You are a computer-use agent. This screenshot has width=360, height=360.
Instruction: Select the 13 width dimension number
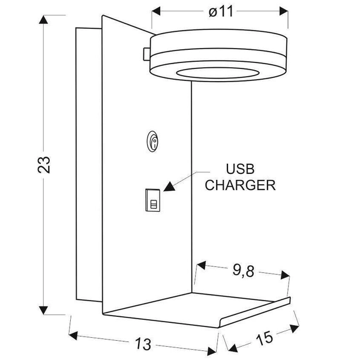click(143, 344)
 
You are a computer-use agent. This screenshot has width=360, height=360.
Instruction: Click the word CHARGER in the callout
click(241, 185)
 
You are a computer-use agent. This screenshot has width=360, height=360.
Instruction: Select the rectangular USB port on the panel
click(153, 200)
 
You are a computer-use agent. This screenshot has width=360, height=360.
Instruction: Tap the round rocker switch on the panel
click(154, 142)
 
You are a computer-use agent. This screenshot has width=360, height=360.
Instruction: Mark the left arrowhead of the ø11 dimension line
click(156, 11)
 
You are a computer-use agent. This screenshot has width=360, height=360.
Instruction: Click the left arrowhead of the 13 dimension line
click(74, 335)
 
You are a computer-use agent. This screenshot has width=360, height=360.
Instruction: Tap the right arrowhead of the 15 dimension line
click(295, 328)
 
